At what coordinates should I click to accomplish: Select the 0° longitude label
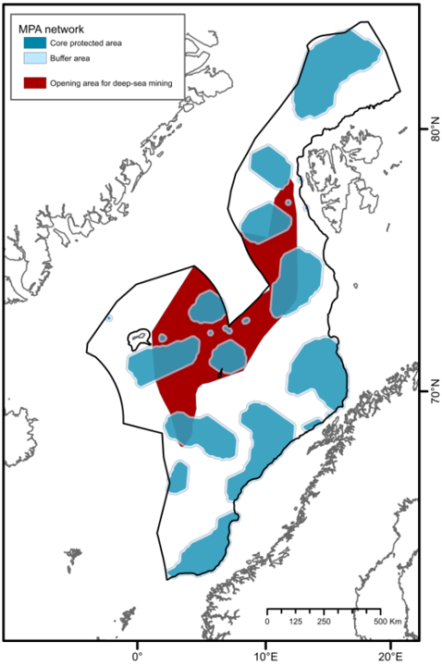click(138, 655)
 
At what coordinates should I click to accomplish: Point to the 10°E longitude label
click(267, 655)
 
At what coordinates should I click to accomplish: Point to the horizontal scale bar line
click(324, 610)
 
